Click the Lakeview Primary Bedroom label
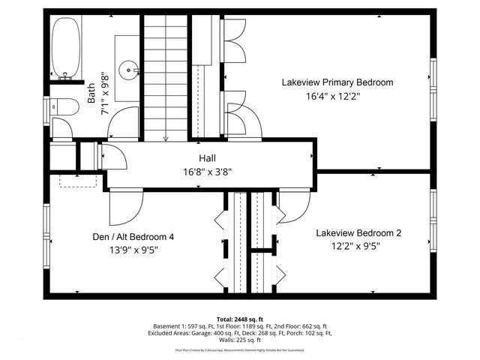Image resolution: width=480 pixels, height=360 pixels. [x=337, y=82]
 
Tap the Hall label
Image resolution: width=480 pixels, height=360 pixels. [x=207, y=158]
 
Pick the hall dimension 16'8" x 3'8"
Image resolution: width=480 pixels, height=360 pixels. [x=207, y=171]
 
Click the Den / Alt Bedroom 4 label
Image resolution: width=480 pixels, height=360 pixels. [x=133, y=237]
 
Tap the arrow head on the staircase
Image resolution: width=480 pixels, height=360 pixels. [x=165, y=138]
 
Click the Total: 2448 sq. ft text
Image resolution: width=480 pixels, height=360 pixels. [x=239, y=319]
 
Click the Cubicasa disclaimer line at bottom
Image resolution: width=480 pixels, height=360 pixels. [x=239, y=349]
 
